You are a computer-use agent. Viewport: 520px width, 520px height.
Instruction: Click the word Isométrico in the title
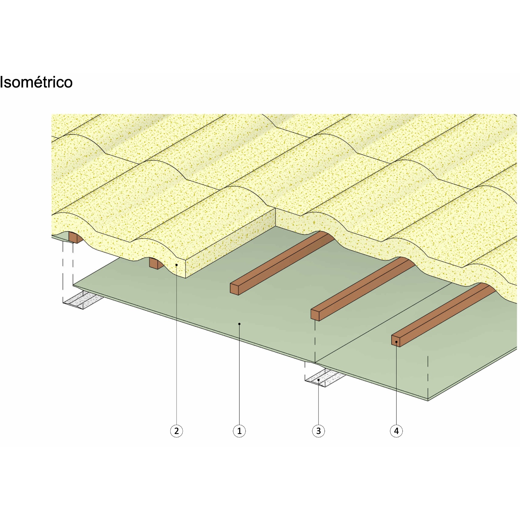pyautogui.click(x=36, y=83)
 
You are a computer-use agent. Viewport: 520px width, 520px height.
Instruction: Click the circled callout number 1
pyautogui.click(x=239, y=431)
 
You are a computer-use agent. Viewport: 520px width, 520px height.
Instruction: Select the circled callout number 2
pyautogui.click(x=176, y=431)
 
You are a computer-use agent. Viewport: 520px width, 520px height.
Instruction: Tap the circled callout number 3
pyautogui.click(x=319, y=431)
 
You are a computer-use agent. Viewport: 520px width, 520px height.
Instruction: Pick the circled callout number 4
pyautogui.click(x=396, y=431)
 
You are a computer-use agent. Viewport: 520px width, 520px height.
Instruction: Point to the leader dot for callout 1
pyautogui.click(x=239, y=324)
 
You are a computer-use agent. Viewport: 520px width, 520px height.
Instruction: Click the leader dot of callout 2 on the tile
pyautogui.click(x=176, y=265)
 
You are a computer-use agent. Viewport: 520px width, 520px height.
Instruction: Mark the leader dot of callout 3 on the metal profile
pyautogui.click(x=319, y=380)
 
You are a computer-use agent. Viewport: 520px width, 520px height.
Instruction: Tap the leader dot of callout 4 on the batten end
pyautogui.click(x=396, y=342)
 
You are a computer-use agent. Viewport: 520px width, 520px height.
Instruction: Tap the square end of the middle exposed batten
pyautogui.click(x=315, y=315)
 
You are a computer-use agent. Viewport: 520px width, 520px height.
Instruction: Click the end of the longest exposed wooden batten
pyautogui.click(x=234, y=289)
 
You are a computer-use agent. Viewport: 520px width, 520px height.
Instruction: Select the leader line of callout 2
pyautogui.click(x=176, y=347)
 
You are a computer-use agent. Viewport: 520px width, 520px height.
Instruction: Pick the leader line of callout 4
pyautogui.click(x=396, y=385)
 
